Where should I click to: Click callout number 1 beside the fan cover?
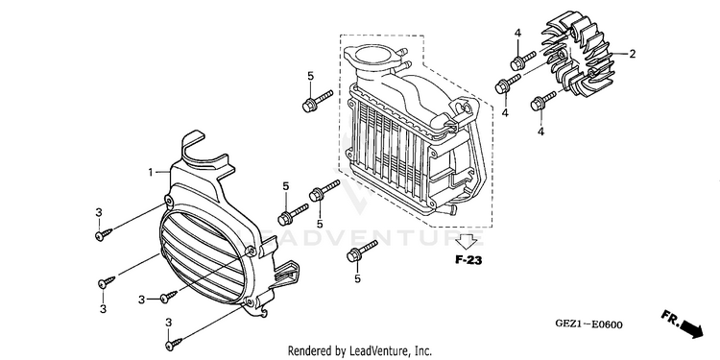[150, 173]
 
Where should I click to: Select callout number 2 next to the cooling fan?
[633, 54]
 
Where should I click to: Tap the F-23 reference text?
[468, 261]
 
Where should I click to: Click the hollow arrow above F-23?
[468, 241]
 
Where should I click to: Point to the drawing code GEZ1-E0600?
[589, 324]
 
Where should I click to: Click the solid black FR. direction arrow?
[691, 328]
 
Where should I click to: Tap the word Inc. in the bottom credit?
[423, 351]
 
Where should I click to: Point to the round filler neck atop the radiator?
[372, 54]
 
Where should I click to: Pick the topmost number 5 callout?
[310, 76]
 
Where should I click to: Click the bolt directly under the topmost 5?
[317, 101]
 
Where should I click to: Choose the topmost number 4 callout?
[517, 33]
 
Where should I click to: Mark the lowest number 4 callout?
[540, 132]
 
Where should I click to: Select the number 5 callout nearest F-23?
[358, 278]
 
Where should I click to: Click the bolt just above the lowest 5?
[362, 251]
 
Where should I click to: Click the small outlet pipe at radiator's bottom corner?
[451, 209]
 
